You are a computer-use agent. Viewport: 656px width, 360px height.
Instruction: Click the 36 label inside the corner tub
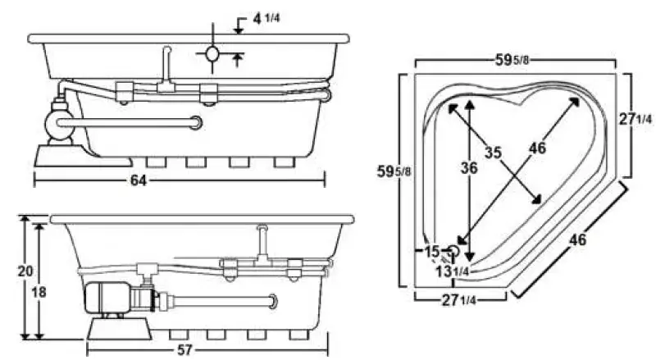pyautogui.click(x=468, y=167)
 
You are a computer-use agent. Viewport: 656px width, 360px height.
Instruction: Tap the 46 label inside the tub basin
pyautogui.click(x=537, y=148)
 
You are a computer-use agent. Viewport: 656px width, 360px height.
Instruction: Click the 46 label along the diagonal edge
pyautogui.click(x=578, y=239)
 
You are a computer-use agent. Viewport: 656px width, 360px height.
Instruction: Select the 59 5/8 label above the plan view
pyautogui.click(x=516, y=59)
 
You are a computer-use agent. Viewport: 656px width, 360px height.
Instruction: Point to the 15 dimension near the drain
pyautogui.click(x=433, y=250)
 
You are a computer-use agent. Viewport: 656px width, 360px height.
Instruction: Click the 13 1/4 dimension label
pyautogui.click(x=453, y=271)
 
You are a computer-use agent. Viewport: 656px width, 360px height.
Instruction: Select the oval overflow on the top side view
pyautogui.click(x=212, y=55)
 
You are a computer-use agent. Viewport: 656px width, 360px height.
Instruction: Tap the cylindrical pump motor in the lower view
pyautogui.click(x=109, y=297)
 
